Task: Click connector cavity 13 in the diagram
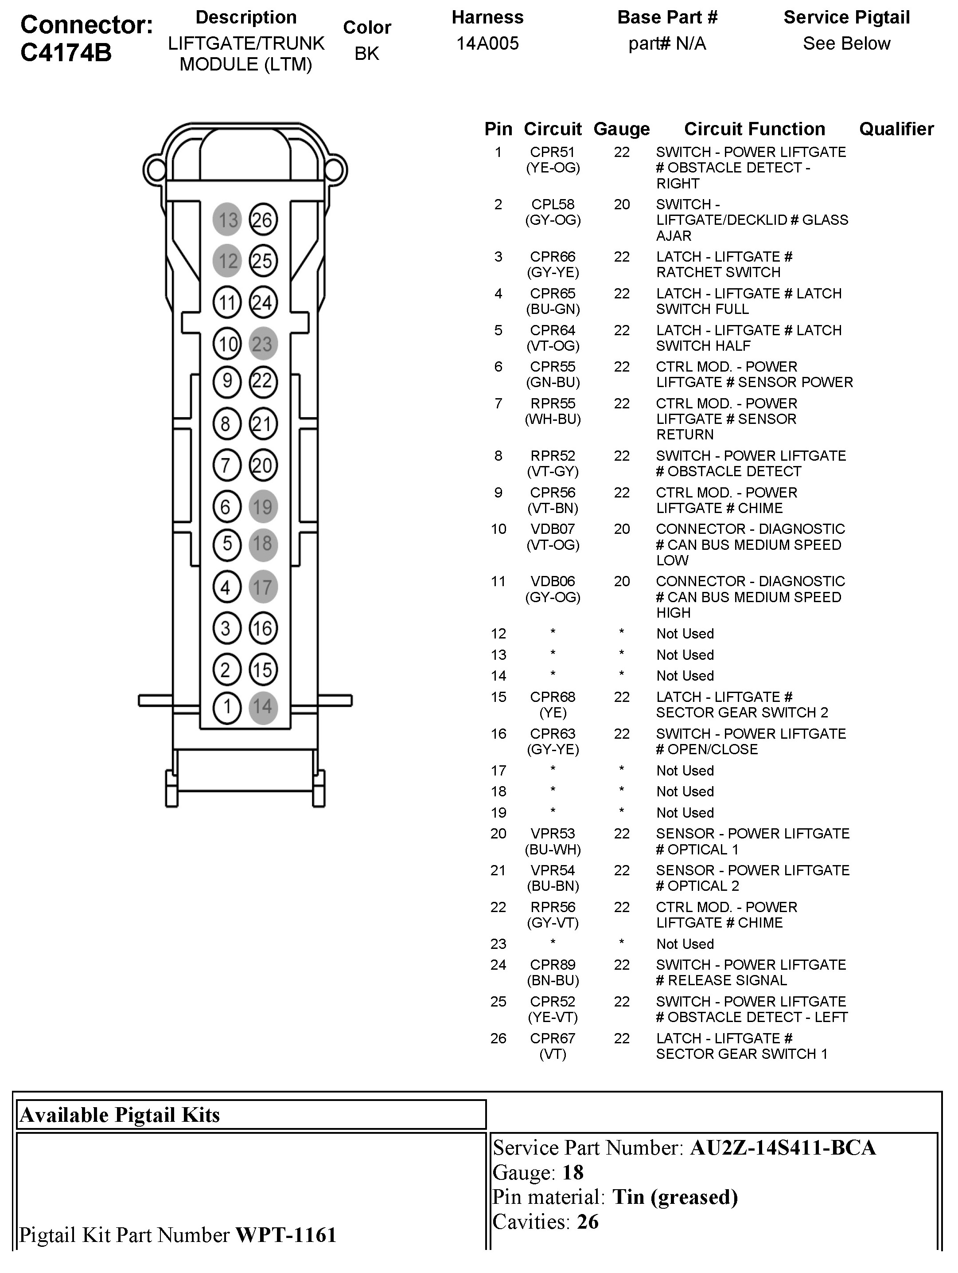pyautogui.click(x=227, y=219)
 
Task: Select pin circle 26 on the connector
pyautogui.click(x=263, y=219)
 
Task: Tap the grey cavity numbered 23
pyautogui.click(x=263, y=344)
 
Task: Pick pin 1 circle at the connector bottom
pyautogui.click(x=227, y=707)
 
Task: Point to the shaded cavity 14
pyautogui.click(x=263, y=707)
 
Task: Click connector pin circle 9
pyautogui.click(x=227, y=381)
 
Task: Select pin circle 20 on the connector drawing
pyautogui.click(x=263, y=465)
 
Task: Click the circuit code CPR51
pyautogui.click(x=552, y=152)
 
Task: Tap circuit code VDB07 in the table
pyautogui.click(x=552, y=529)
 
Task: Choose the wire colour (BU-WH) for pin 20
pyautogui.click(x=553, y=850)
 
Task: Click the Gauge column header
pyautogui.click(x=622, y=129)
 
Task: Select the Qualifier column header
pyautogui.click(x=896, y=129)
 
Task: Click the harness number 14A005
pyautogui.click(x=487, y=43)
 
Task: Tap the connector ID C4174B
pyautogui.click(x=66, y=53)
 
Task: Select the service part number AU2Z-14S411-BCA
pyautogui.click(x=783, y=1148)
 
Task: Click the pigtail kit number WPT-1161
pyautogui.click(x=286, y=1234)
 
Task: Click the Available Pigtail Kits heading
pyautogui.click(x=120, y=1115)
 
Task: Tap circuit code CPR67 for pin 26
pyautogui.click(x=552, y=1038)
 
